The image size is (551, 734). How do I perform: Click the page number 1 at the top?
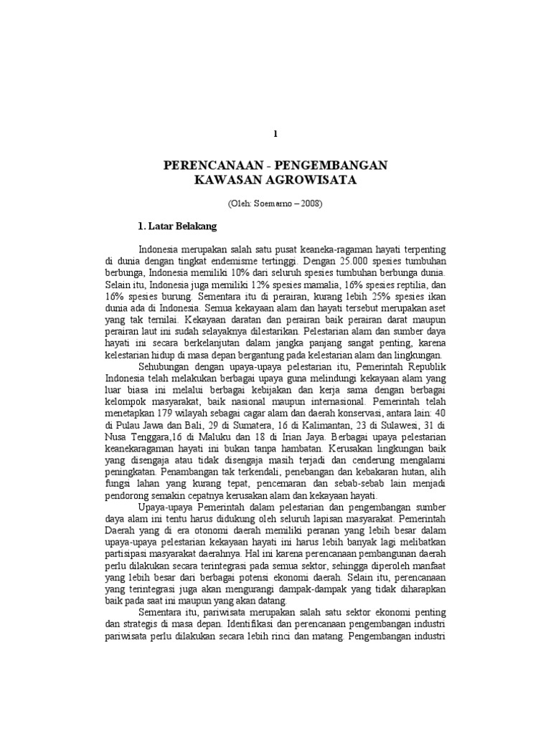coord(275,134)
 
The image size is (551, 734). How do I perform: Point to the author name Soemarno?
coord(270,203)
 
